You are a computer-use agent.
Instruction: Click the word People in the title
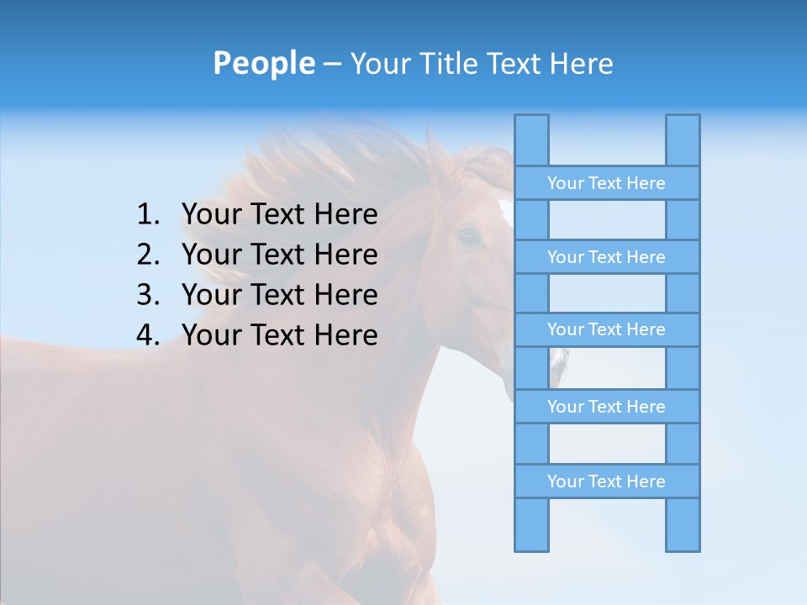(263, 63)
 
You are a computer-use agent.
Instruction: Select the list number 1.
(148, 215)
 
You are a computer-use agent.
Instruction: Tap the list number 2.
(148, 255)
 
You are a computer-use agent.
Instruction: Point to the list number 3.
(148, 295)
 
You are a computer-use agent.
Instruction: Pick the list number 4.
(148, 335)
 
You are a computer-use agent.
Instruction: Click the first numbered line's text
(279, 215)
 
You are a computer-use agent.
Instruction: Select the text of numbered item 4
(279, 335)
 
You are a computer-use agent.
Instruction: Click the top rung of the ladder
(606, 183)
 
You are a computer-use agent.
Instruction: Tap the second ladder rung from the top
(606, 257)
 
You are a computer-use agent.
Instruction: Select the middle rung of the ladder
(606, 329)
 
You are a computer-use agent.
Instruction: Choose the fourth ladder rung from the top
(606, 407)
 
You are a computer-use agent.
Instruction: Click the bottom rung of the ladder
(606, 481)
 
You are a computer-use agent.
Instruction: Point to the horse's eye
(467, 237)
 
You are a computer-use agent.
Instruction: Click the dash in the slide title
(331, 64)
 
